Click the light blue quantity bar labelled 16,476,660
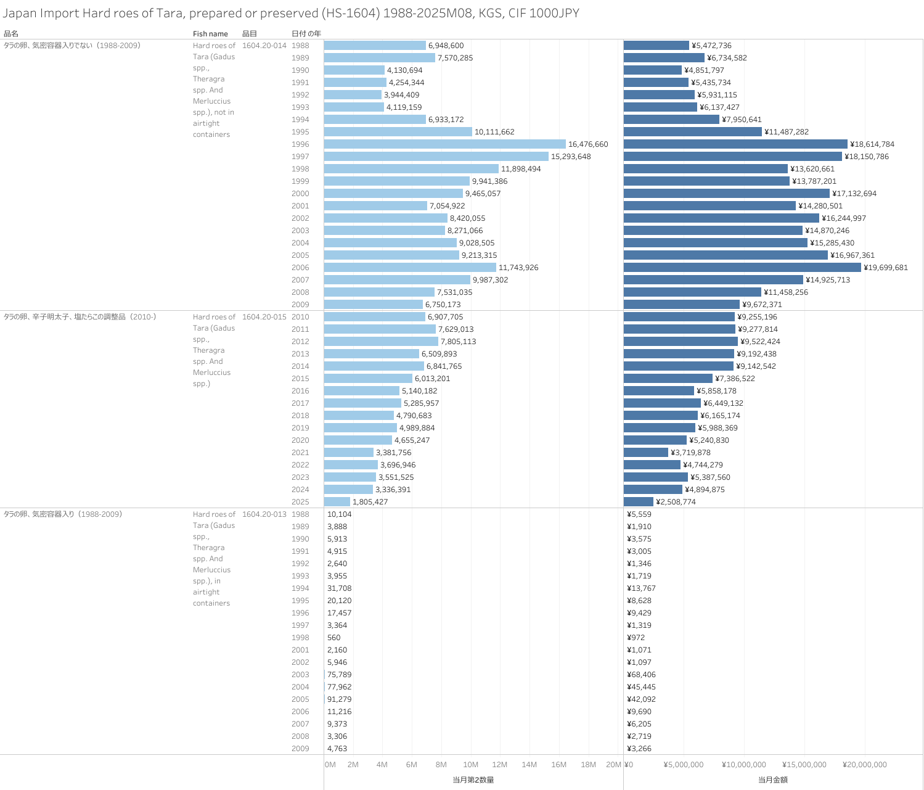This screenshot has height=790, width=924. coord(444,144)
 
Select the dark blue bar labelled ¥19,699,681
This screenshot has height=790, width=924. coord(742,268)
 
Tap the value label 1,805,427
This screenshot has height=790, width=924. coord(370,502)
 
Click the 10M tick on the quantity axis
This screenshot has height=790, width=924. coord(470,765)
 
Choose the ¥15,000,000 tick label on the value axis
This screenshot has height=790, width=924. coord(804,765)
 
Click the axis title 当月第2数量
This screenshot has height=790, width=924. coord(473,780)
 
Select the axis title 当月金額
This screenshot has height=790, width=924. coord(772,780)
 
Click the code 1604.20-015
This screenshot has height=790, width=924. coord(264,317)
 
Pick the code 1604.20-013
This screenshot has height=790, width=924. coord(264,514)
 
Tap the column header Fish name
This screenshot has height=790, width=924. coord(210,34)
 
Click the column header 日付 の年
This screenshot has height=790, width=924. coord(306,34)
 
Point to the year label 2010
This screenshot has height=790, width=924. coord(300,317)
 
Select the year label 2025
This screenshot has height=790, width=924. coord(300,502)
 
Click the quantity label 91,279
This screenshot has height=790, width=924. coord(340,699)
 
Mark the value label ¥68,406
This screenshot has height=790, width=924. coord(641,675)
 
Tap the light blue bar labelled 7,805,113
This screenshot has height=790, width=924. coord(381,342)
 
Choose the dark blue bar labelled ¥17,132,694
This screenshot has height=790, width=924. coord(726,194)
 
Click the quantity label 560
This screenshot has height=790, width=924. coord(334,638)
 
